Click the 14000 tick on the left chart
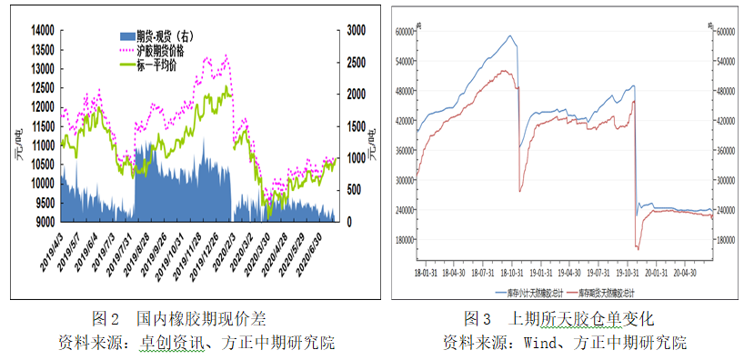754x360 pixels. [x=43, y=30]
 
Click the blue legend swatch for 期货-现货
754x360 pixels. [x=127, y=35]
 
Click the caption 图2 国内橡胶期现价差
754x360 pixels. [x=179, y=320]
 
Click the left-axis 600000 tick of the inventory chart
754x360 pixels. [x=401, y=31]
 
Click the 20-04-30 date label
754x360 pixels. [x=684, y=270]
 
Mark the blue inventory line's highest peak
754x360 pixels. [x=510, y=36]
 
